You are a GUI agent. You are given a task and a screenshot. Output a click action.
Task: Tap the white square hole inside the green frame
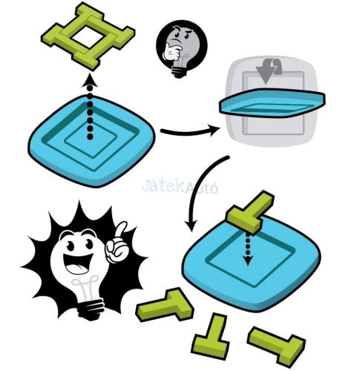pos(88,37)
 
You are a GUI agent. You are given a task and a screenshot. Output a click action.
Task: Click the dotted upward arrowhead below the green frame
pos(90,82)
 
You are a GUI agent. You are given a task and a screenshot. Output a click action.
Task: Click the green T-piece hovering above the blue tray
pos(250,212)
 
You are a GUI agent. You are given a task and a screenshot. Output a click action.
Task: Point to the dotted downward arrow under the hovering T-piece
pos(248,249)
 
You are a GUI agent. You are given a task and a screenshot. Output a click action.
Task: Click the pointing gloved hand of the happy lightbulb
pos(117,243)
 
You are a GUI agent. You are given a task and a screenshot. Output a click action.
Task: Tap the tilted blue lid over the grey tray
pos(272,102)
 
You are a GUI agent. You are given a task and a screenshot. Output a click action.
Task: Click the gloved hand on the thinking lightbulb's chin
pos(171,52)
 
